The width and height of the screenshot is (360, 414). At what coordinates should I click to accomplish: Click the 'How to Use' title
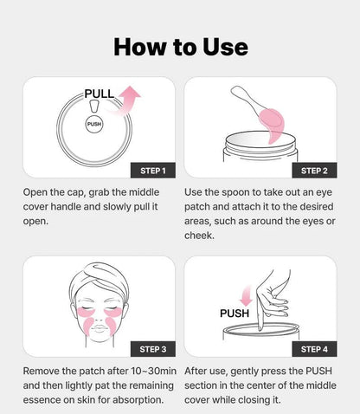pos(180,47)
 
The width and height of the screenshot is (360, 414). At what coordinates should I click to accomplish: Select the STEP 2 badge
pos(313,169)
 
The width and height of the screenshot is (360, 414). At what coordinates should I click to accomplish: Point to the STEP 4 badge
pos(313,348)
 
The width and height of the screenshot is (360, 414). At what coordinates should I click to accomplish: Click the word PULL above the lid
pos(100,93)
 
